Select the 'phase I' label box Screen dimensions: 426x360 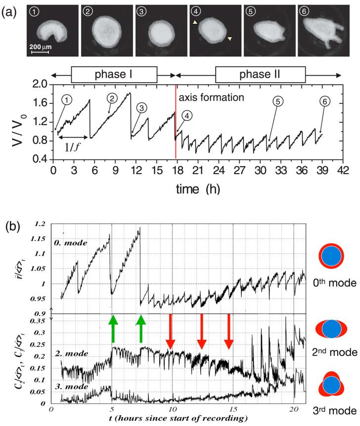tap(114, 75)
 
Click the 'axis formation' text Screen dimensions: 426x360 tap(212, 97)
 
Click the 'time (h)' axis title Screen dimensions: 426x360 tap(198, 189)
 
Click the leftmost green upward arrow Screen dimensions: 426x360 tap(113, 328)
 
